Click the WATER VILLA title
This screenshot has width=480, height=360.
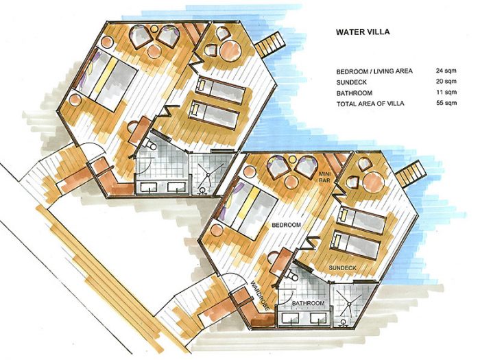coord(363,32)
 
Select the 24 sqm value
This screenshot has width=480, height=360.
coord(446,71)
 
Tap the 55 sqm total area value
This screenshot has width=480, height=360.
coord(446,103)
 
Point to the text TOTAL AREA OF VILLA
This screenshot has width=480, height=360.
coord(370,104)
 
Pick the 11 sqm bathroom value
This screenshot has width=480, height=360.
coord(446,92)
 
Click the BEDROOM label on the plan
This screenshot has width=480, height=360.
coord(286,225)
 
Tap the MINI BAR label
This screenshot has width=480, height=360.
coord(324,177)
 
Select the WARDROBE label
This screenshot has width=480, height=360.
coord(259,296)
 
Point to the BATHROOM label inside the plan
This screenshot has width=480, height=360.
coord(308,303)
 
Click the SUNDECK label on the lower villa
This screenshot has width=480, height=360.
coord(343,268)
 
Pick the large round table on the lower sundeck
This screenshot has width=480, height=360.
coord(373,183)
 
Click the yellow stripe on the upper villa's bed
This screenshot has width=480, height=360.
coord(104,76)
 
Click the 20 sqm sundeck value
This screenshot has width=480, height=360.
coord(446,82)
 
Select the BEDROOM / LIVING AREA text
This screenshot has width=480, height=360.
coord(374,71)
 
